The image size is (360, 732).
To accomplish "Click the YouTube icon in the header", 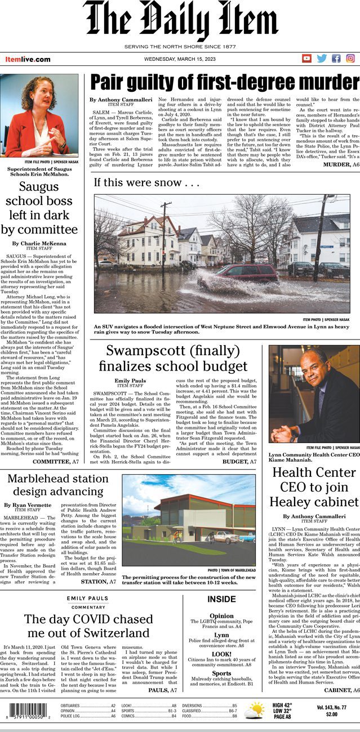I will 307,58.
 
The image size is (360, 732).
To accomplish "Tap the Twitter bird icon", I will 322,58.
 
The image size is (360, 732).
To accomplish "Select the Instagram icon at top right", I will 350,58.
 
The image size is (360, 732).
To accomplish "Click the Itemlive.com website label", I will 28,59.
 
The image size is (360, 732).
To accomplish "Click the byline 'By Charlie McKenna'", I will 39,243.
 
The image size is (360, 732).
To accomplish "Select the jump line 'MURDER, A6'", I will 340,164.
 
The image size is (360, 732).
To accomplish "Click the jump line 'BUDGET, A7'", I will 239,461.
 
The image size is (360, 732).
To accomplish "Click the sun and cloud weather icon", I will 254,710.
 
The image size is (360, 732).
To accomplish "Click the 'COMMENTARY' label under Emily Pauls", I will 88,607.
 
